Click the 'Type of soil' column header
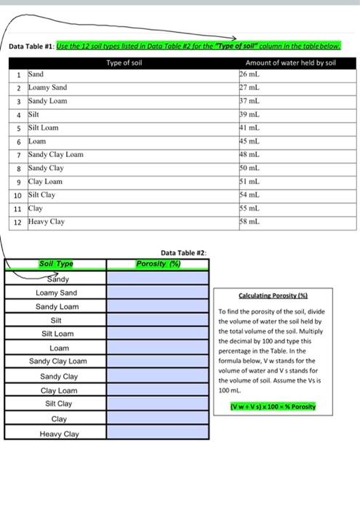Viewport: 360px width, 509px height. (124, 63)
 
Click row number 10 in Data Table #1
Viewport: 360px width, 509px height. (16, 195)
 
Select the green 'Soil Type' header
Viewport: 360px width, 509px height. (56, 264)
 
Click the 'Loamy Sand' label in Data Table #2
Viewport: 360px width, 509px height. (56, 292)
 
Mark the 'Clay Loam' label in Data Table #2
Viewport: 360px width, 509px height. (56, 390)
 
